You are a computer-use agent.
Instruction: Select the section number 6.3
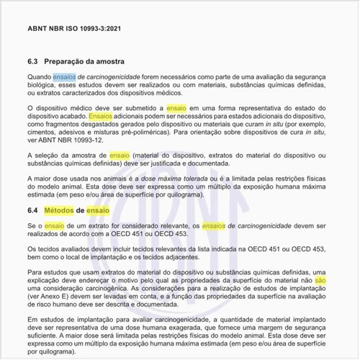tap(32, 61)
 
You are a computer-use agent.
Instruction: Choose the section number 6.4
tap(32, 210)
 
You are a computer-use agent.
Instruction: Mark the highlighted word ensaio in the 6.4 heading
tap(98, 210)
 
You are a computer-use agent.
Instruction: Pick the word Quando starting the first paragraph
tap(40, 76)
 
